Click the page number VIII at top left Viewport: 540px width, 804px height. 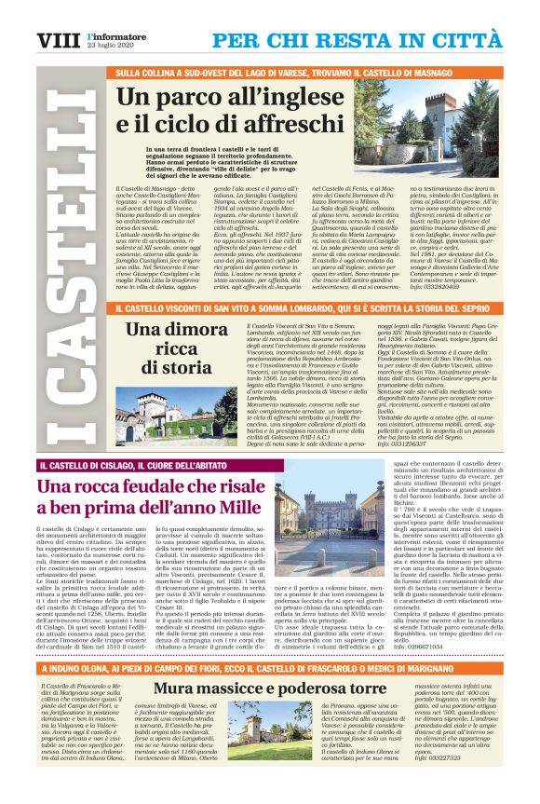tap(57, 40)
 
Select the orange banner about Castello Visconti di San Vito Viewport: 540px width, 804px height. tap(307, 304)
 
